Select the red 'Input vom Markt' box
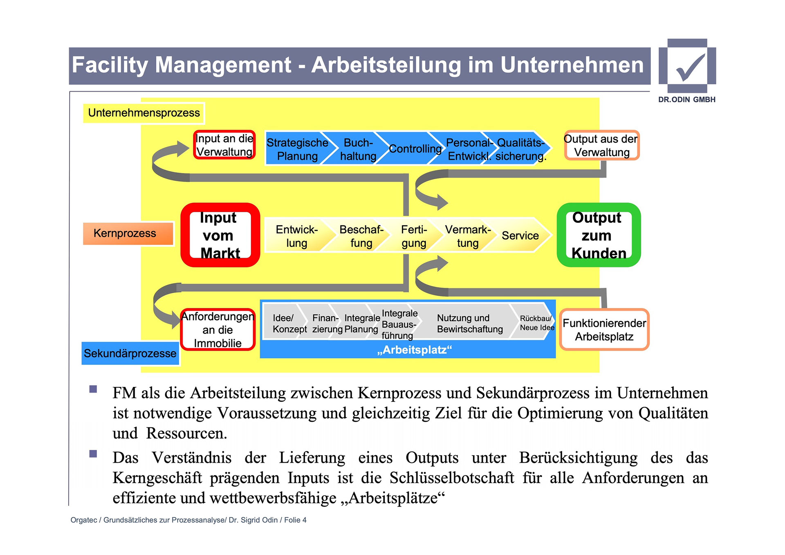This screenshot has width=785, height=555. click(x=220, y=235)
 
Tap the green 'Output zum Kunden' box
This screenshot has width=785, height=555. click(x=598, y=235)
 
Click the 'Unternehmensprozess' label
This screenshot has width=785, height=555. click(x=144, y=113)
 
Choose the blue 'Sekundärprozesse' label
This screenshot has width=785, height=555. click(x=130, y=353)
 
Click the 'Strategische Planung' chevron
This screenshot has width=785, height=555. click(x=297, y=149)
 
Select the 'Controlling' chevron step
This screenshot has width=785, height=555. click(x=414, y=149)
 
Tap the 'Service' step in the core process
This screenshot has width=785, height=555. click(x=520, y=236)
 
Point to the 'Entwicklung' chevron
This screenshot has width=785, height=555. click(x=296, y=236)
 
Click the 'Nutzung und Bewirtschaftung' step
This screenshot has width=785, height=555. click(x=469, y=324)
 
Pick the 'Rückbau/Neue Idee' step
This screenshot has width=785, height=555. click(x=536, y=323)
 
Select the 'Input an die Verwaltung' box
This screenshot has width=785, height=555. click(x=224, y=145)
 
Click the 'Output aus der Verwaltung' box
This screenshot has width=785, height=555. click(x=601, y=145)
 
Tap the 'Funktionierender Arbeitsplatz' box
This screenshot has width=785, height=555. click(x=604, y=330)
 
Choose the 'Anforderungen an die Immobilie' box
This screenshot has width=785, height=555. click(x=218, y=330)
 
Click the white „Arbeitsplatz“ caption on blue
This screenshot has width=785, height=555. click(x=414, y=350)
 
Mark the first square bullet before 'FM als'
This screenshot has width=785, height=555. click(x=93, y=389)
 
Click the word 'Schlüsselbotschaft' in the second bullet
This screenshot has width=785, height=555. click(x=451, y=478)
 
